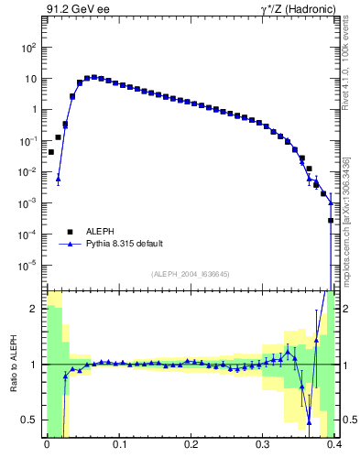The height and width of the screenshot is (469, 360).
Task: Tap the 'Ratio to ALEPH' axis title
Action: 14,364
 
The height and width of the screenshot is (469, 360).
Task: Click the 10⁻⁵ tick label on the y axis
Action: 29,266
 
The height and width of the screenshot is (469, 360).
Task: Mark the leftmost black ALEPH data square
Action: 51,152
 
